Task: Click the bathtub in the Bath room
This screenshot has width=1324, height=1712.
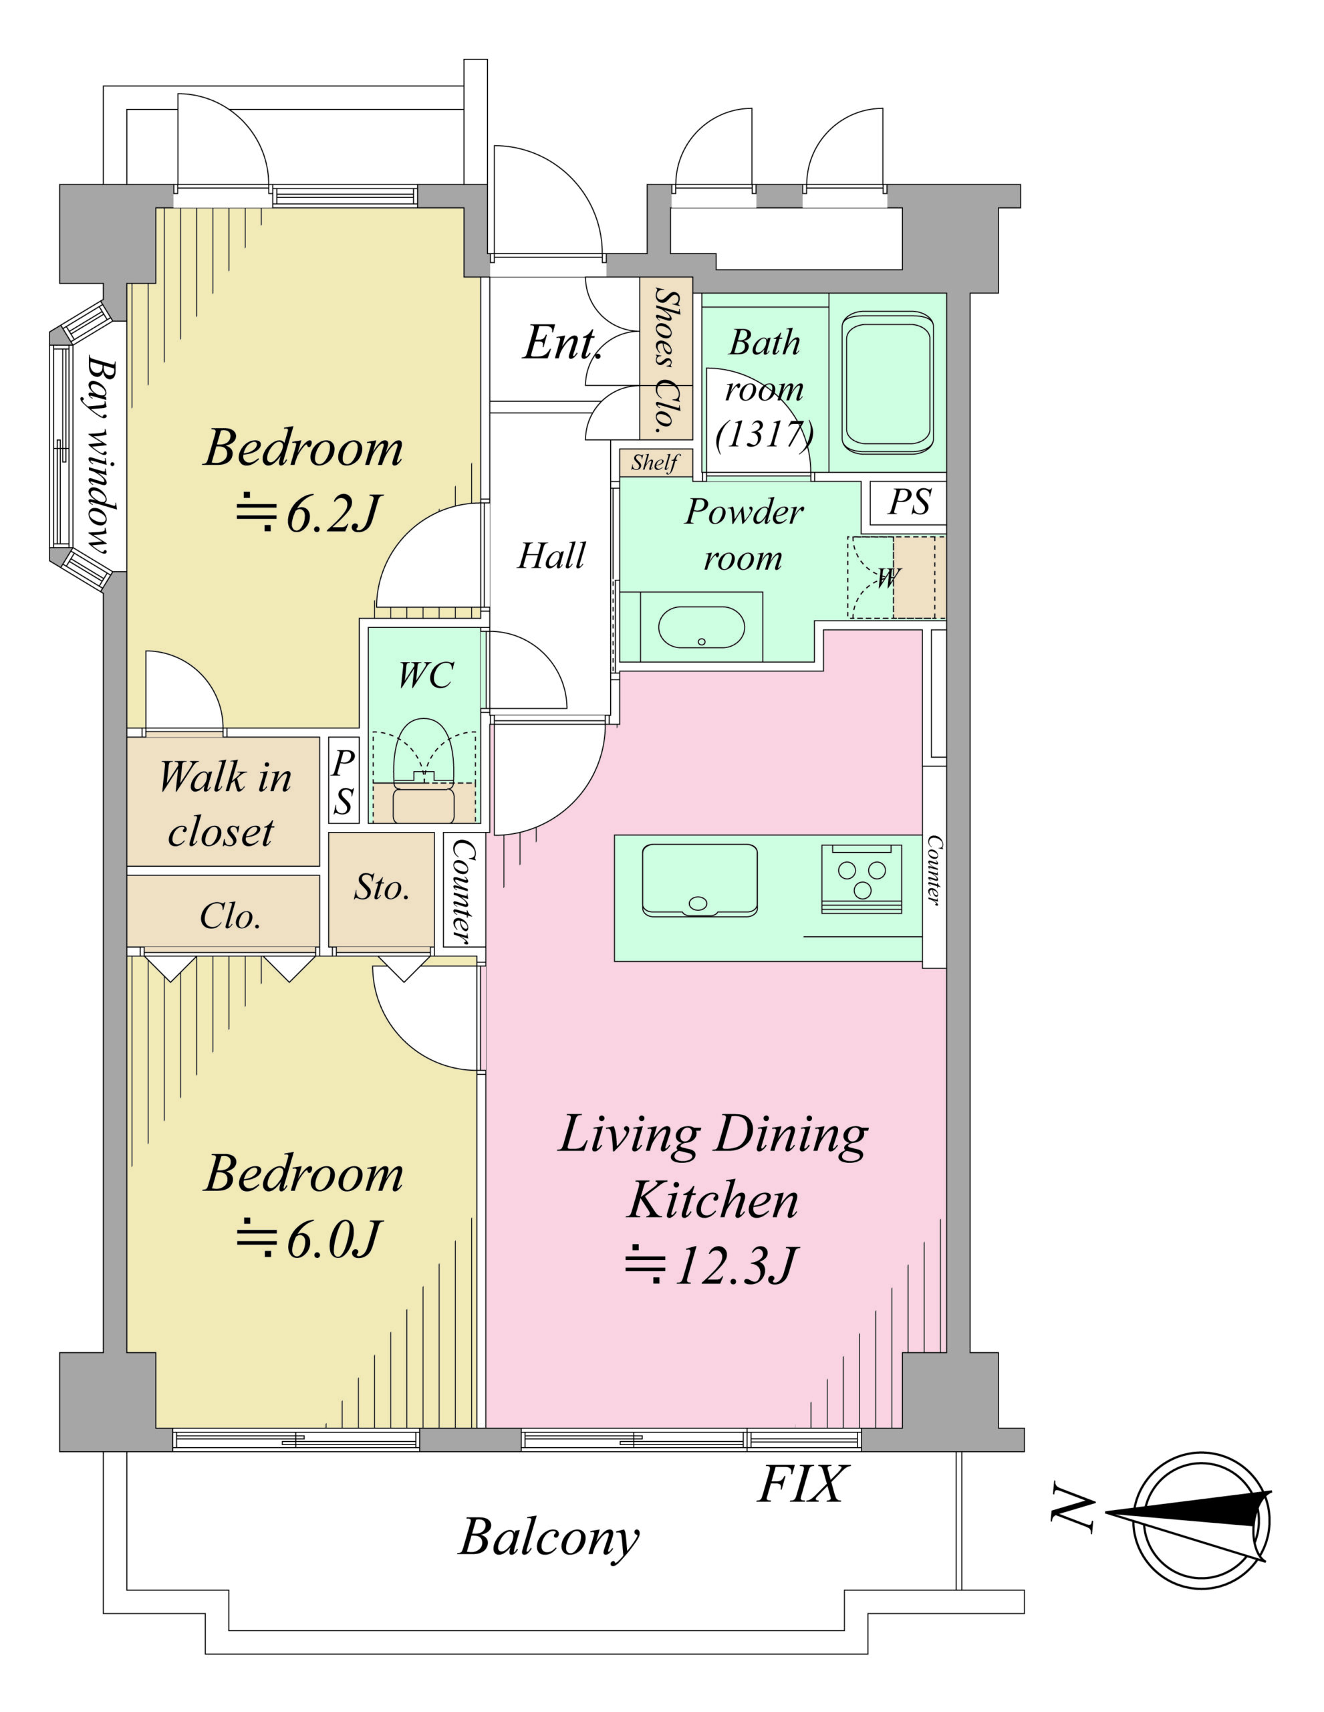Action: click(x=888, y=383)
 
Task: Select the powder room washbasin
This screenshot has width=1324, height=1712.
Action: click(x=701, y=627)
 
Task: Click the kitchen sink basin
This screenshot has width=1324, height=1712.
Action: click(x=700, y=879)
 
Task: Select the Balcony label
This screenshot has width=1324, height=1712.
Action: click(x=549, y=1538)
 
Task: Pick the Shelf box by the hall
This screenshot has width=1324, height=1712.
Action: click(x=656, y=463)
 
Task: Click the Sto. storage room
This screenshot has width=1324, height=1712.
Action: click(x=382, y=889)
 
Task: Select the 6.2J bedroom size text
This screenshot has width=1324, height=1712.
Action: click(x=308, y=514)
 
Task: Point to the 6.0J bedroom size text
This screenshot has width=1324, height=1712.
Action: click(x=308, y=1239)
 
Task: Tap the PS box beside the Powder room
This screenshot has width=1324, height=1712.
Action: click(x=909, y=502)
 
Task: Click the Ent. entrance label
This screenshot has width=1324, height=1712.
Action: click(x=563, y=342)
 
